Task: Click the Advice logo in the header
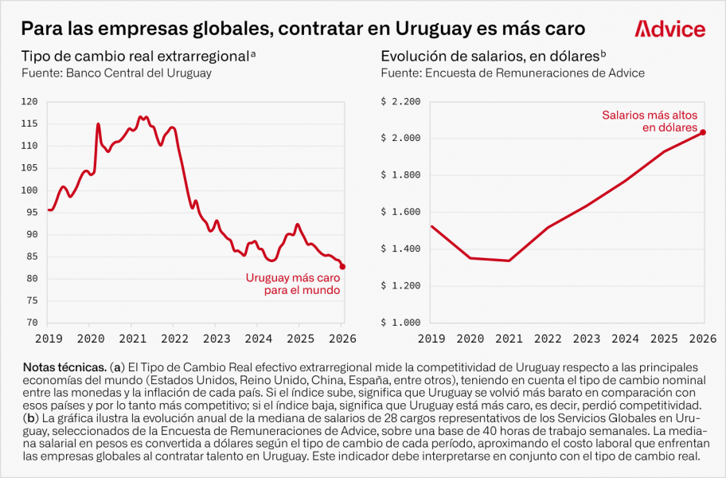669,29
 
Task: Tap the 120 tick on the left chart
30,101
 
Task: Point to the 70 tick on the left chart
32,323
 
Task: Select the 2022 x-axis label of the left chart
174,338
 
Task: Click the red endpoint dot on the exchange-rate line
342,267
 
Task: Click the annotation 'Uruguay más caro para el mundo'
292,284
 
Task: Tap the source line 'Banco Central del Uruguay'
117,73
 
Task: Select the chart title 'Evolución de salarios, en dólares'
490,57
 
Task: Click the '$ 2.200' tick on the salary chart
400,101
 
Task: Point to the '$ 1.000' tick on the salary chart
400,323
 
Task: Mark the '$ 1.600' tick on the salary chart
400,212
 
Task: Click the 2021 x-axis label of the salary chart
509,338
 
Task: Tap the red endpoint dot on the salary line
703,132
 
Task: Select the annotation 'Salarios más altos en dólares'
649,121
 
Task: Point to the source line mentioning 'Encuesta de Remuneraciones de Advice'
513,73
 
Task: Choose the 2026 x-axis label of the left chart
342,338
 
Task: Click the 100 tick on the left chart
30,190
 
